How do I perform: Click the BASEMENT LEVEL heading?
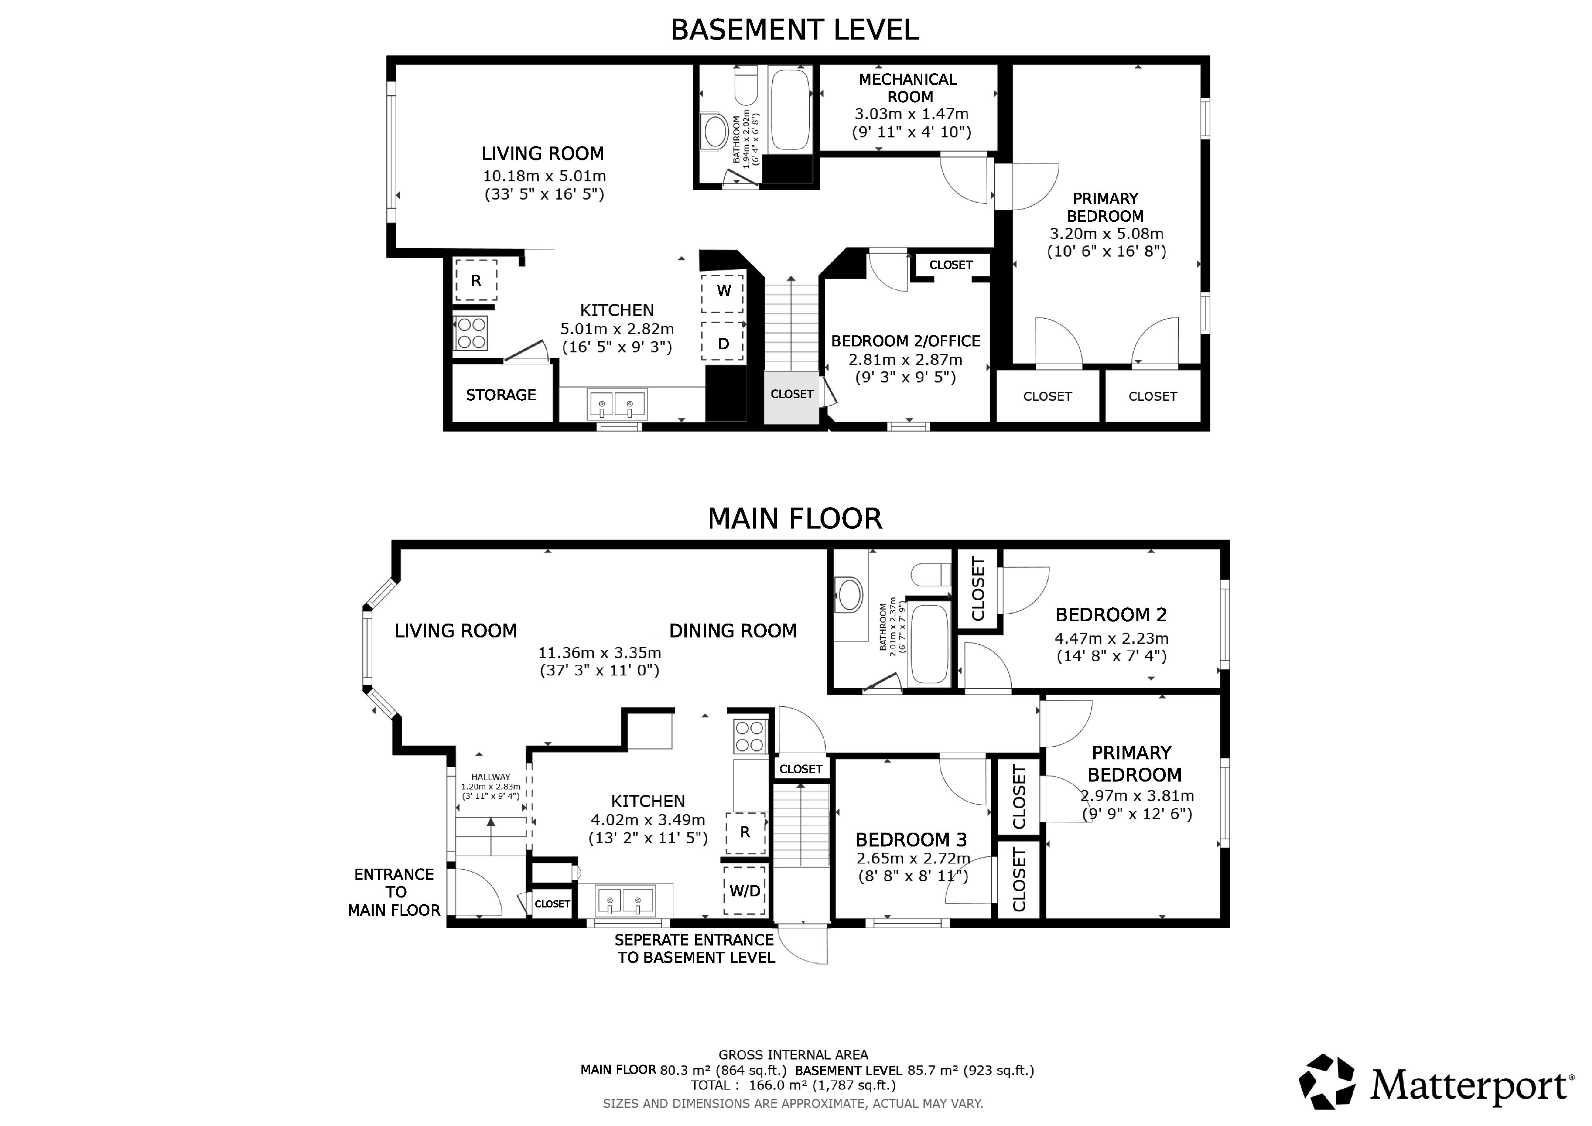click(794, 30)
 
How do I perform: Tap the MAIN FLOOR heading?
click(794, 519)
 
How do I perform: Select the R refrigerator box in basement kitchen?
click(476, 280)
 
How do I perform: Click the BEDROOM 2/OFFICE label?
click(906, 341)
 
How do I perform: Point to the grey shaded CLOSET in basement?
click(792, 397)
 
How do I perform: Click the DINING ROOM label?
click(733, 631)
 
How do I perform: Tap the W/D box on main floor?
click(745, 891)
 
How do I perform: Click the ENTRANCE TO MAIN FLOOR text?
click(394, 892)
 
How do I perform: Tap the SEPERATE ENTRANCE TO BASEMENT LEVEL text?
click(695, 949)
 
